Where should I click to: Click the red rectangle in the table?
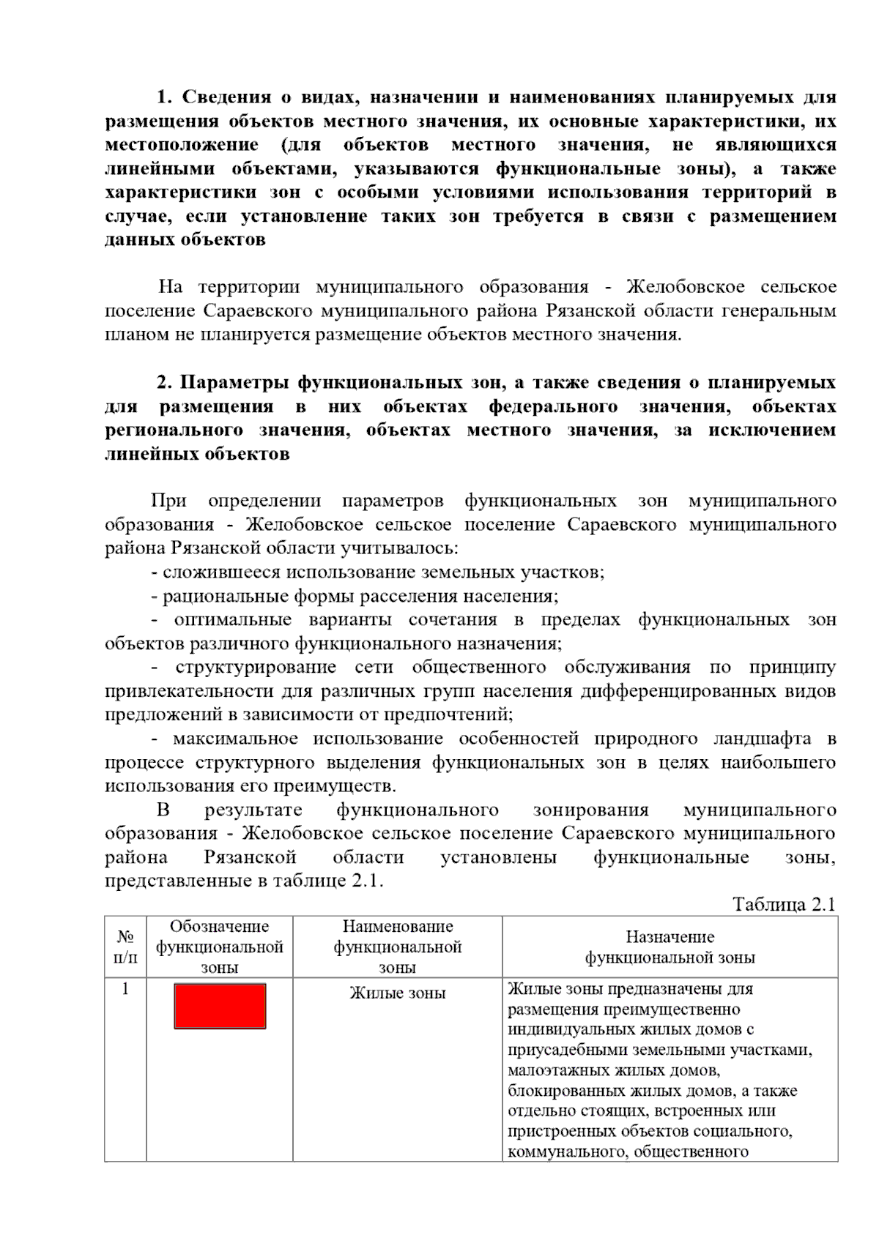(220, 1006)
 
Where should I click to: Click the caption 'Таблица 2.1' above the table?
(784, 904)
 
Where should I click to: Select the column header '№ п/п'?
(125, 947)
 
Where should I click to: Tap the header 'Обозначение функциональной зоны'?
(220, 947)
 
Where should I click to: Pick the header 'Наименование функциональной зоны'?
(398, 947)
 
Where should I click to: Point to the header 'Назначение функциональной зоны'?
(670, 947)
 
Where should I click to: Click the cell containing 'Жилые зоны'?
(398, 993)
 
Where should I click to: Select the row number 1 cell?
(125, 990)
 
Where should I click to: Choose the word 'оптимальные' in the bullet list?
(232, 620)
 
